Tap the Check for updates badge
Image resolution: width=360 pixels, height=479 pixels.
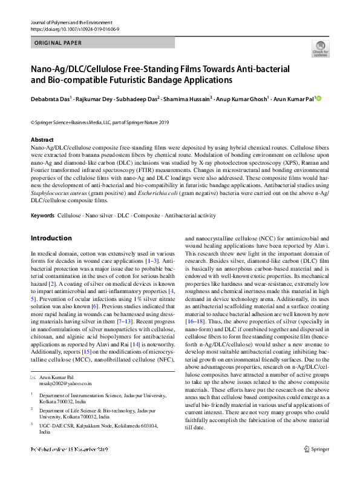click(320, 49)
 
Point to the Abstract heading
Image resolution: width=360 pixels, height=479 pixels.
click(42, 139)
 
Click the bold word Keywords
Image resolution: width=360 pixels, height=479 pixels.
click(42, 216)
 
